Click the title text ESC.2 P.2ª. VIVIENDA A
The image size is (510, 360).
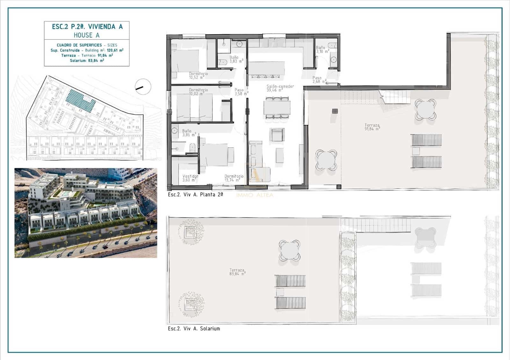87,27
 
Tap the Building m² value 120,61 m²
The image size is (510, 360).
115,50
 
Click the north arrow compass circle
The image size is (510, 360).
143,86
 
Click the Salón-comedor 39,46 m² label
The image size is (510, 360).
280,88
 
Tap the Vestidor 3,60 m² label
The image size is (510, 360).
190,178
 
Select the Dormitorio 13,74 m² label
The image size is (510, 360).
234,178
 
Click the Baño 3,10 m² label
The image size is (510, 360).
322,49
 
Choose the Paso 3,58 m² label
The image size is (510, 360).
241,92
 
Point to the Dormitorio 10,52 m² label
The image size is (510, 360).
198,76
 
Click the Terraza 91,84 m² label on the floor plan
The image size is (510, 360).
372,127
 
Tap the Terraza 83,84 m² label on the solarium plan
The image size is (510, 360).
237,272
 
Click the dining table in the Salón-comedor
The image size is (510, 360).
277,108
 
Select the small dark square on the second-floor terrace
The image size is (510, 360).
334,111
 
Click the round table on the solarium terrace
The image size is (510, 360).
289,250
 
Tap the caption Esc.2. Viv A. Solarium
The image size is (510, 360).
194,328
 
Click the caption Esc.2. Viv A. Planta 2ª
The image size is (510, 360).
195,194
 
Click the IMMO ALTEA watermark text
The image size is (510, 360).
254,195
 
